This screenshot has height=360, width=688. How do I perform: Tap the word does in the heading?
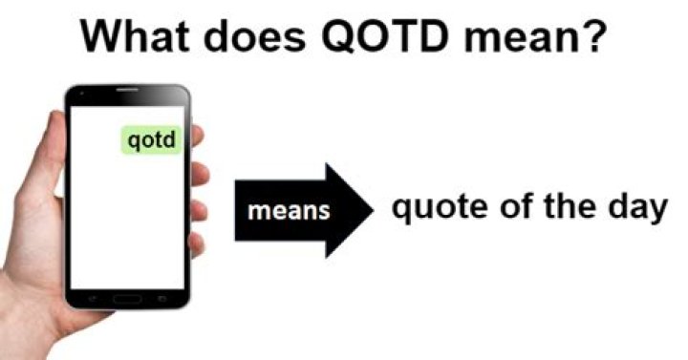point(269,35)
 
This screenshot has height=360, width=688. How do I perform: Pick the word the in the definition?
point(553,207)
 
